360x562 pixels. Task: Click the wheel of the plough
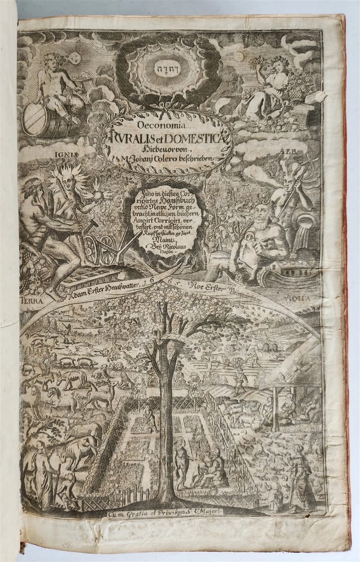[x=92, y=250]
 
